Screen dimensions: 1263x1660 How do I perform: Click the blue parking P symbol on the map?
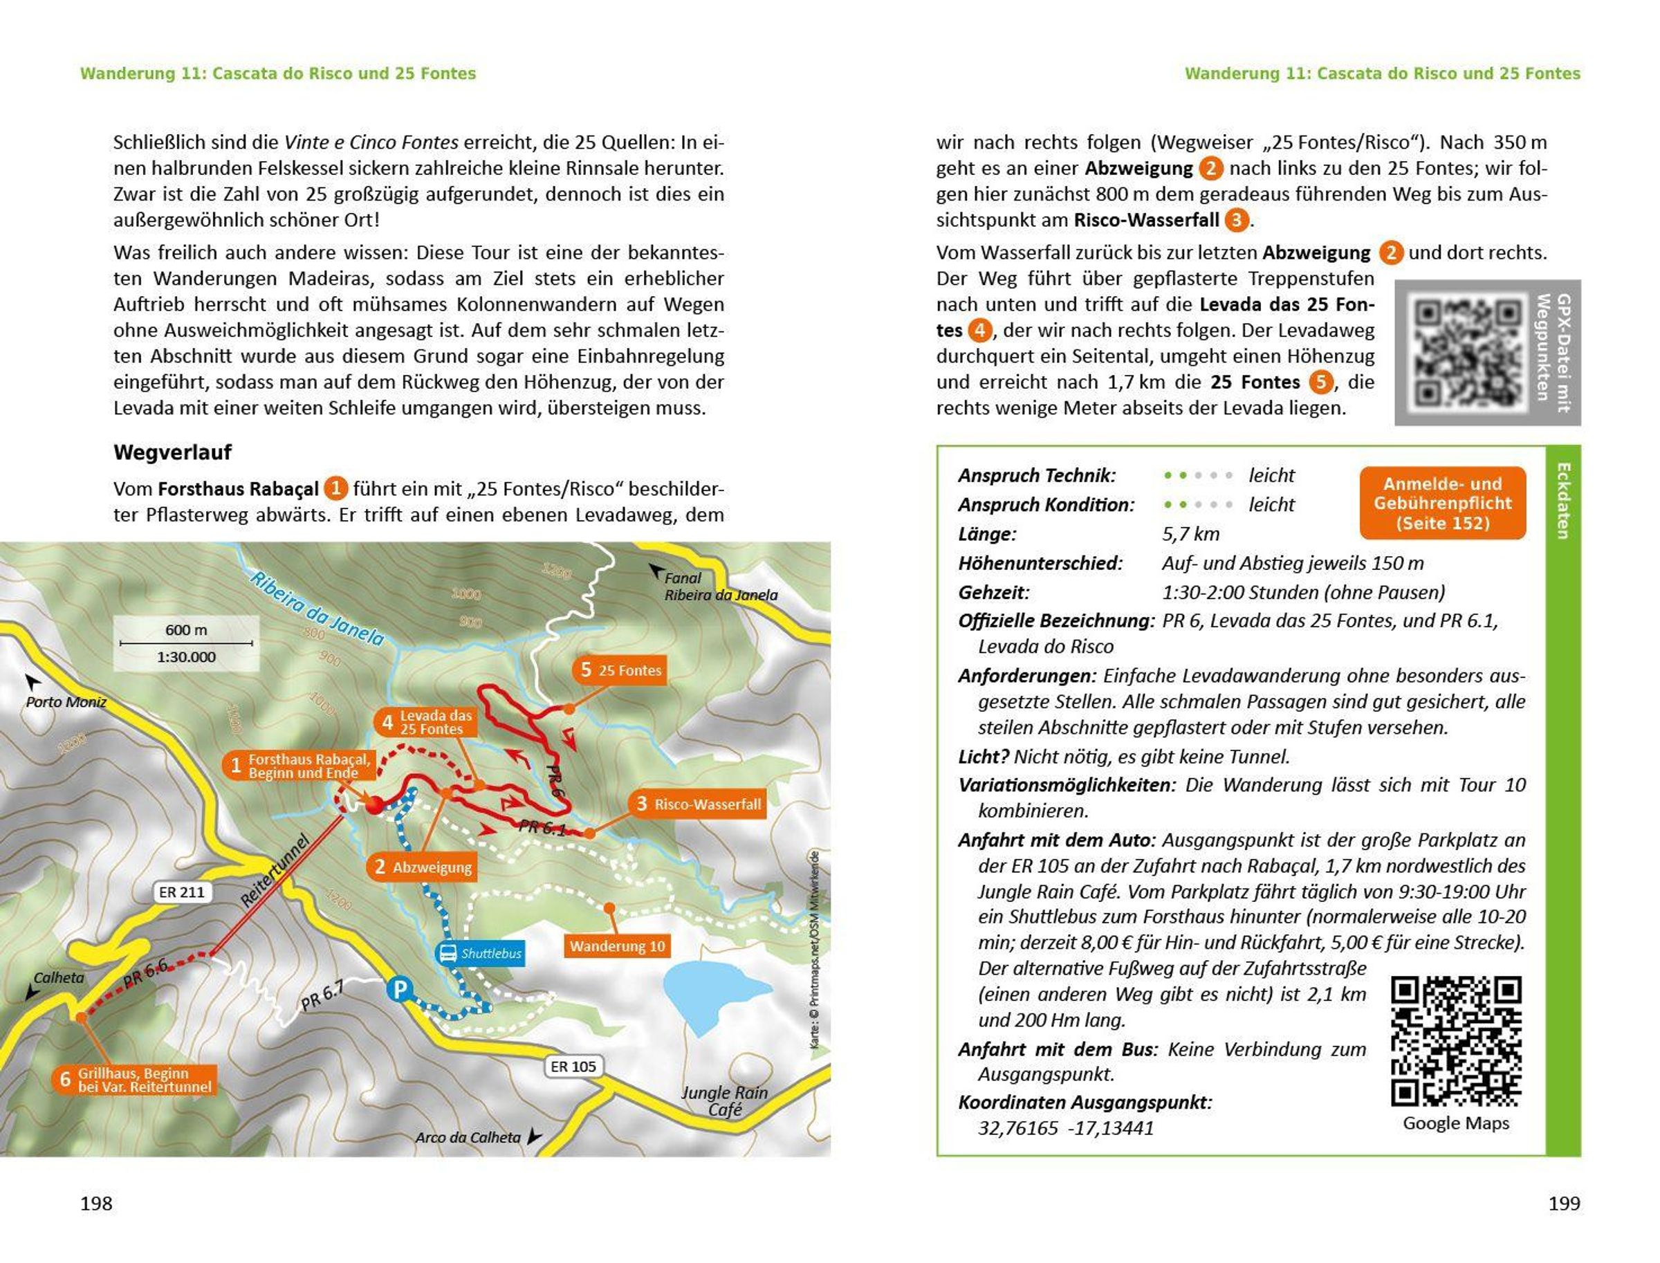pos(399,989)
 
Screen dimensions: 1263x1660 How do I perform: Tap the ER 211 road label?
pos(181,892)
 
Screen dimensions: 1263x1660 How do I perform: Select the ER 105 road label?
pos(573,1066)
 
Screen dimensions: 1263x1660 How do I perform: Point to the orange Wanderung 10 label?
pos(616,946)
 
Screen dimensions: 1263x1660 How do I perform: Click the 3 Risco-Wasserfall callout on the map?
pos(698,804)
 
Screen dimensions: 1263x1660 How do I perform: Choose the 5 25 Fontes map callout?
pos(620,670)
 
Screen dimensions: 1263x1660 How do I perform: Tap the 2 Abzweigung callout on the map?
pos(423,867)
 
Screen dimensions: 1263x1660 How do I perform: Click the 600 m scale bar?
pos(187,643)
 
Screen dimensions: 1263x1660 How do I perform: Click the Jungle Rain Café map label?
pos(724,1100)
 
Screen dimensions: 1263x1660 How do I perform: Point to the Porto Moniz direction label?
pos(66,701)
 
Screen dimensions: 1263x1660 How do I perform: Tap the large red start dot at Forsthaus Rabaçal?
pos(374,804)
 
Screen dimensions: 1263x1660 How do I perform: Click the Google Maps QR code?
pos(1455,1041)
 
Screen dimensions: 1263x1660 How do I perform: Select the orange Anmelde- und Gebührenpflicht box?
pos(1442,503)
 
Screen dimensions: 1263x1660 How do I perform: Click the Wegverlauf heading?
pos(172,452)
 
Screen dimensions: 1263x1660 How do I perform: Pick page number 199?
pos(1564,1203)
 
